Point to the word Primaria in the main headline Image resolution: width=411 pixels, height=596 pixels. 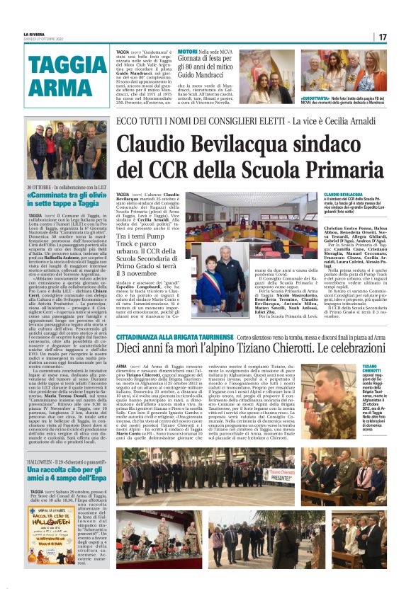[322, 171]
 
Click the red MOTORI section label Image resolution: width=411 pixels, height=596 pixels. [187, 52]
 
